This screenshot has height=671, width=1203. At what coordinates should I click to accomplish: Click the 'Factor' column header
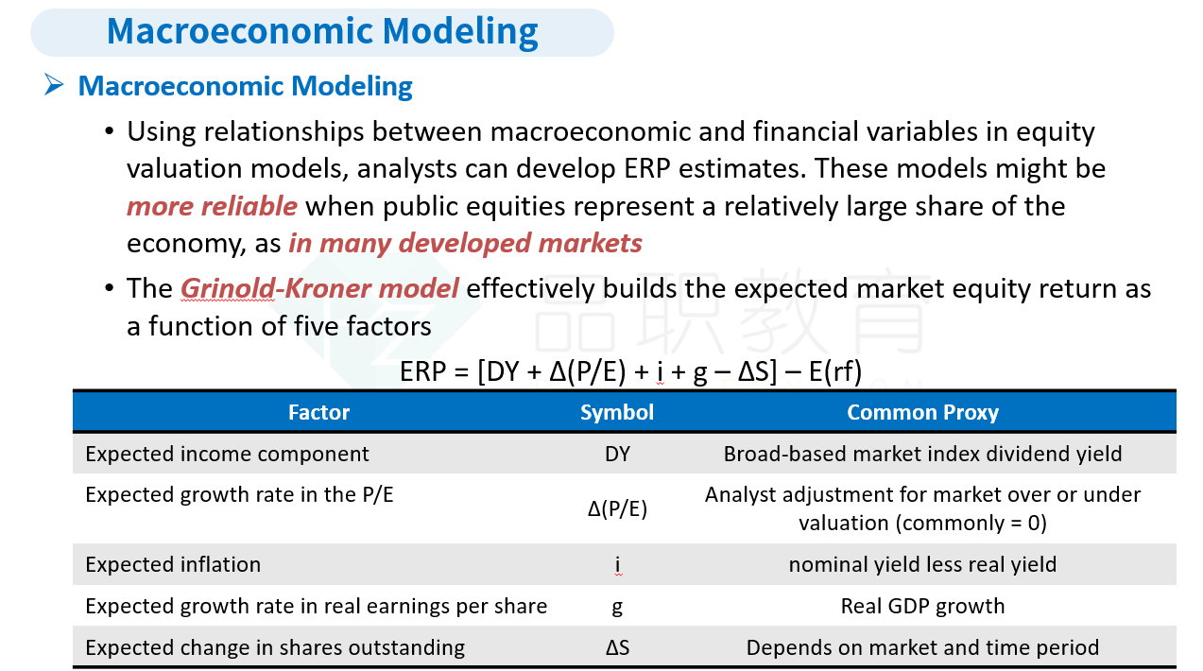tap(319, 412)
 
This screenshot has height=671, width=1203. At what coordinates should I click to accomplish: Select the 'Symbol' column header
tap(617, 413)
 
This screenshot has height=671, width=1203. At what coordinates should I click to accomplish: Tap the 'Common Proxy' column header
tap(922, 413)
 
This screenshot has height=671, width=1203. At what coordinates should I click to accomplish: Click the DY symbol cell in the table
tap(617, 455)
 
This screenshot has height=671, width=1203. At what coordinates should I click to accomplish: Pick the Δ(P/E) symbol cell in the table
tap(617, 508)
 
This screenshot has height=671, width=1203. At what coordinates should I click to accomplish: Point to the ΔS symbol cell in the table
tap(617, 648)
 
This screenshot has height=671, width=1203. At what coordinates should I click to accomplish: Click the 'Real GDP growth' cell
tap(922, 606)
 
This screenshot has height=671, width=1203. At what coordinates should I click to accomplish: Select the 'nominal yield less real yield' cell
tap(922, 564)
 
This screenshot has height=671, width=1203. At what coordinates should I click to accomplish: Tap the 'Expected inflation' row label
tap(173, 564)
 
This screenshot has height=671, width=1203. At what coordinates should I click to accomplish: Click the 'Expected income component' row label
tap(227, 455)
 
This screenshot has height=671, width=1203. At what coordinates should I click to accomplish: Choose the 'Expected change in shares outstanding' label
tap(275, 648)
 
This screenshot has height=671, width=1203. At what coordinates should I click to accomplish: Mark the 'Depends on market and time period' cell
tap(922, 648)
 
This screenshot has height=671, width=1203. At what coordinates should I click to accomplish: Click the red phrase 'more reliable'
tap(212, 206)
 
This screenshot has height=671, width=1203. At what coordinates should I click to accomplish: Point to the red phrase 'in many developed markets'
tap(465, 244)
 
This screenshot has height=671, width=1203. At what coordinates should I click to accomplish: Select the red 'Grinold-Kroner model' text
tap(319, 288)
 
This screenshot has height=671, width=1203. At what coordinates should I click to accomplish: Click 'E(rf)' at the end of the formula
tap(835, 371)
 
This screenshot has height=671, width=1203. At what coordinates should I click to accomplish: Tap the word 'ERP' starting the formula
tap(423, 371)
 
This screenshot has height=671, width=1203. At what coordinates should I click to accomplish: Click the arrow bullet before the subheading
tap(54, 85)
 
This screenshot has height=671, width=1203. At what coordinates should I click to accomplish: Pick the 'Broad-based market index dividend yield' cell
tap(922, 455)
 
